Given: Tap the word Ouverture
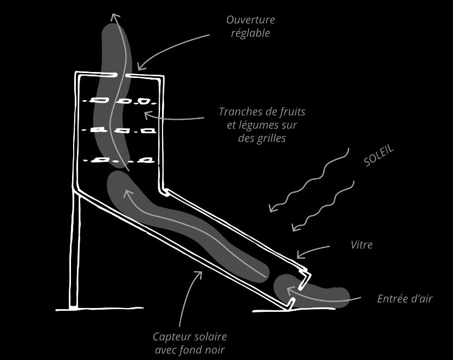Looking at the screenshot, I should click(x=250, y=20).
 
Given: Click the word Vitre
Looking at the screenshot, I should click(x=361, y=245).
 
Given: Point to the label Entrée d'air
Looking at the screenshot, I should click(x=404, y=298).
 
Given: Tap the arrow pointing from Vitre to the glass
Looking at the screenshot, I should click(x=313, y=250).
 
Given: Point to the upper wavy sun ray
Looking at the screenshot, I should click(x=309, y=181).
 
